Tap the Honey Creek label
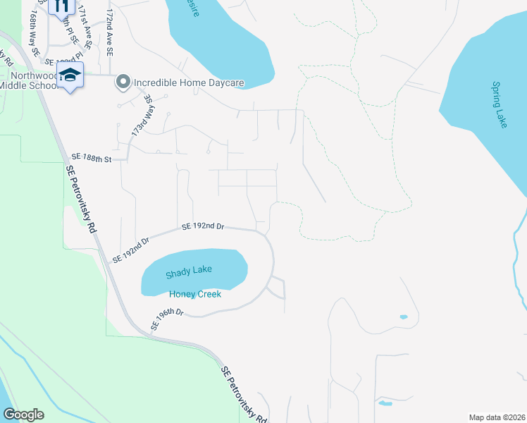click(x=195, y=293)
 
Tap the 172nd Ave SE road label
click(x=109, y=32)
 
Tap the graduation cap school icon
click(x=70, y=75)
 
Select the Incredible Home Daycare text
click(x=189, y=83)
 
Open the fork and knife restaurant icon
click(x=61, y=6)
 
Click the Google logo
click(x=24, y=415)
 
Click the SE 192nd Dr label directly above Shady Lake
click(x=203, y=226)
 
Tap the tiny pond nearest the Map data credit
click(x=385, y=404)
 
